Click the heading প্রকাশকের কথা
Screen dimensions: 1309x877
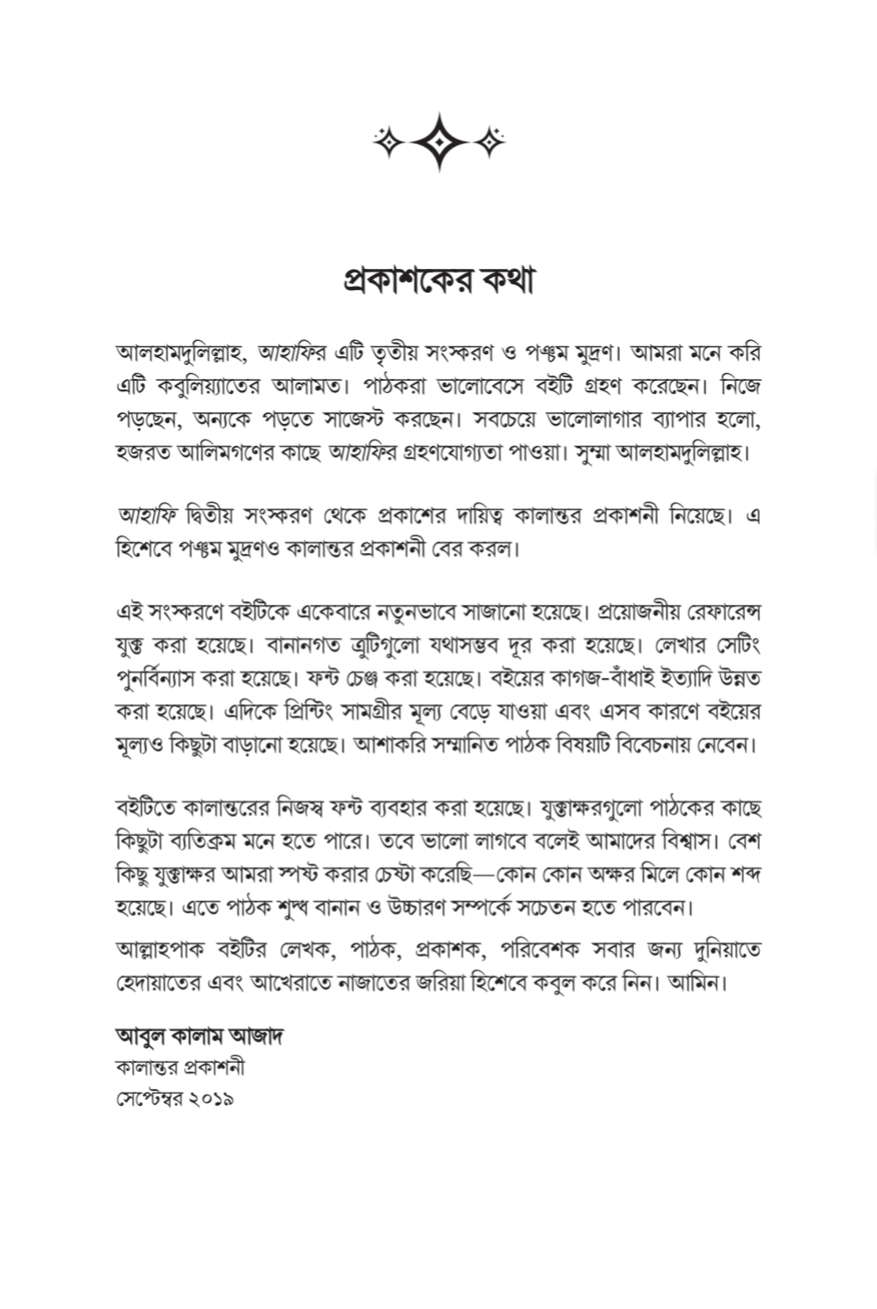(438, 280)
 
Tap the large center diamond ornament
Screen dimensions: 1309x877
(439, 141)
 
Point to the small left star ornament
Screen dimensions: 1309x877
(386, 141)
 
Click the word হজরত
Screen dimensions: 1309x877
(143, 454)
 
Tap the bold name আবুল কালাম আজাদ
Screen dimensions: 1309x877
(199, 1036)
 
